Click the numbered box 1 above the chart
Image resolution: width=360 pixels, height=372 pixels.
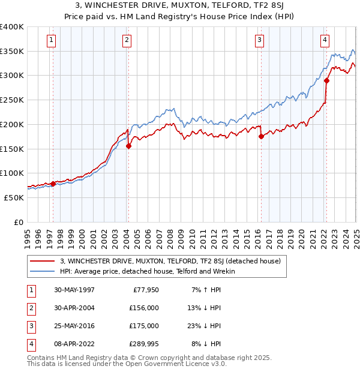(x=52, y=41)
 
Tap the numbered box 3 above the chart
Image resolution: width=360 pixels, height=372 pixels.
(x=259, y=41)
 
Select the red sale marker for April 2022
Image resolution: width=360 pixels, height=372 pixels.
(x=326, y=80)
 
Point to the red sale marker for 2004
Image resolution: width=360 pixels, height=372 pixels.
(x=128, y=146)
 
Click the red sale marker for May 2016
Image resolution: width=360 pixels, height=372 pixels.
(x=261, y=137)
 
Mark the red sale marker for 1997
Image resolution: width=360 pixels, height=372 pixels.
(x=53, y=184)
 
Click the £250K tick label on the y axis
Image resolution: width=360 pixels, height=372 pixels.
(x=12, y=100)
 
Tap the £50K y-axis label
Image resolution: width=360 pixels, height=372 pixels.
(x=14, y=197)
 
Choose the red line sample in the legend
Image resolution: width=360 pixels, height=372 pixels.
(x=43, y=261)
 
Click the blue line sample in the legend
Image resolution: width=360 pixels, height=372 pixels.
(x=43, y=271)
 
